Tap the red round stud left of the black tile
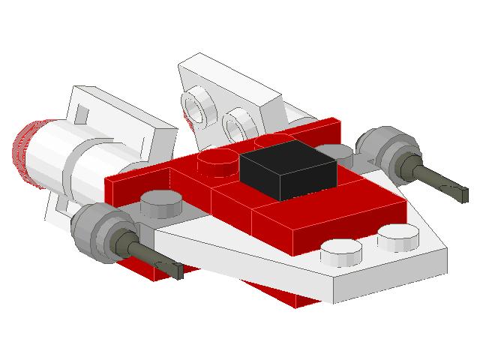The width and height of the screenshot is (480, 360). pos(215,160)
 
